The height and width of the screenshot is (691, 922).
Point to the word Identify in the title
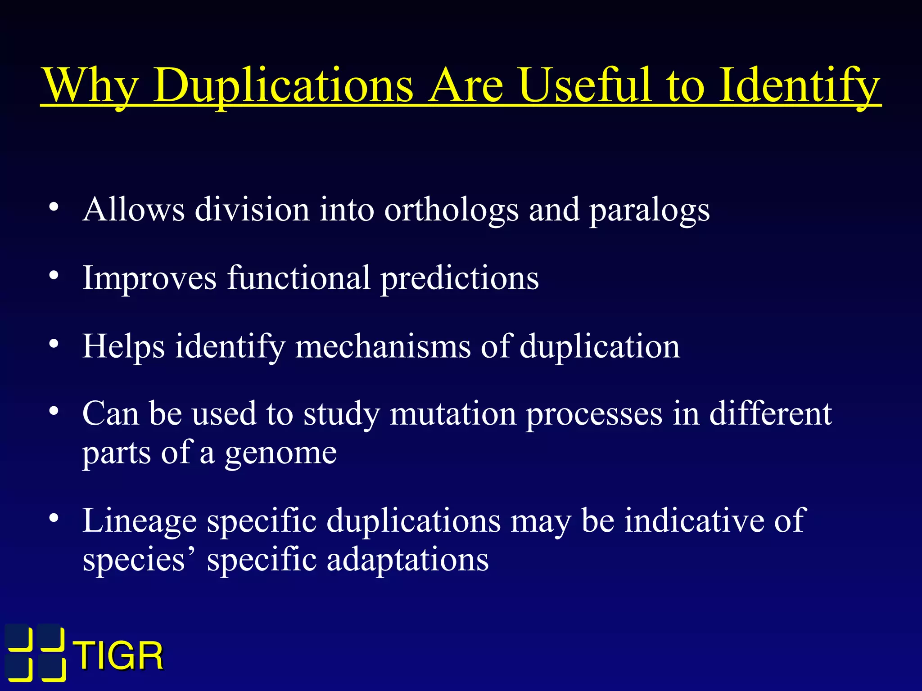[799, 85]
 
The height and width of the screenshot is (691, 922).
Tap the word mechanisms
[383, 347]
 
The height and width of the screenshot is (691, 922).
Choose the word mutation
[453, 414]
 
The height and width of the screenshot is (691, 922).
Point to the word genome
[281, 453]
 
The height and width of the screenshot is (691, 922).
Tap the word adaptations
[407, 561]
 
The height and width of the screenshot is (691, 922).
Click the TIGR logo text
[119, 656]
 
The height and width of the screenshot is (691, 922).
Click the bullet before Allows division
[54, 207]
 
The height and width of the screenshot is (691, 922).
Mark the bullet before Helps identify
[54, 344]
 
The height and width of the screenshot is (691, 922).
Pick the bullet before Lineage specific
[54, 518]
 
